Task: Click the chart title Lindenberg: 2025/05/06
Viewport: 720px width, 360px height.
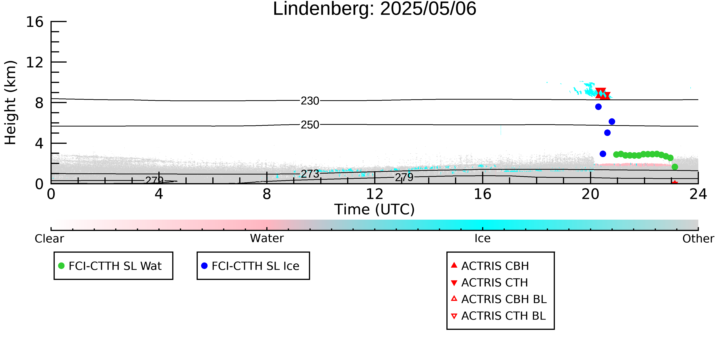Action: [x=375, y=9]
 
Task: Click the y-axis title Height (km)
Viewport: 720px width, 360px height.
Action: [x=11, y=103]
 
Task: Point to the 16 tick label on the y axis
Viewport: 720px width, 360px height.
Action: [x=35, y=22]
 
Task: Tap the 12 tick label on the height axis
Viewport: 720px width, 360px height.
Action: [x=35, y=62]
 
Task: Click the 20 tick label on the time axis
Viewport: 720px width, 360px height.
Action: [x=590, y=194]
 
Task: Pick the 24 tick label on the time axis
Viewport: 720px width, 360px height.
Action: [x=698, y=194]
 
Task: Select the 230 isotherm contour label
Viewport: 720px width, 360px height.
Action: [x=310, y=101]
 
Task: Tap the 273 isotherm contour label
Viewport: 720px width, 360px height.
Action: [x=310, y=174]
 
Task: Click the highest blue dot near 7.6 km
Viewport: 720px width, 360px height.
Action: [x=598, y=107]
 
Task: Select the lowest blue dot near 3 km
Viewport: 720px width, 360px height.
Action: [x=603, y=154]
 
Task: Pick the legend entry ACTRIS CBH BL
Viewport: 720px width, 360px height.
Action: [x=499, y=299]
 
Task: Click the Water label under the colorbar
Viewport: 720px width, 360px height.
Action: [x=267, y=238]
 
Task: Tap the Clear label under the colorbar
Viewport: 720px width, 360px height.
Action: [x=49, y=239]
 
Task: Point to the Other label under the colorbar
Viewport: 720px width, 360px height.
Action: [x=698, y=239]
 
